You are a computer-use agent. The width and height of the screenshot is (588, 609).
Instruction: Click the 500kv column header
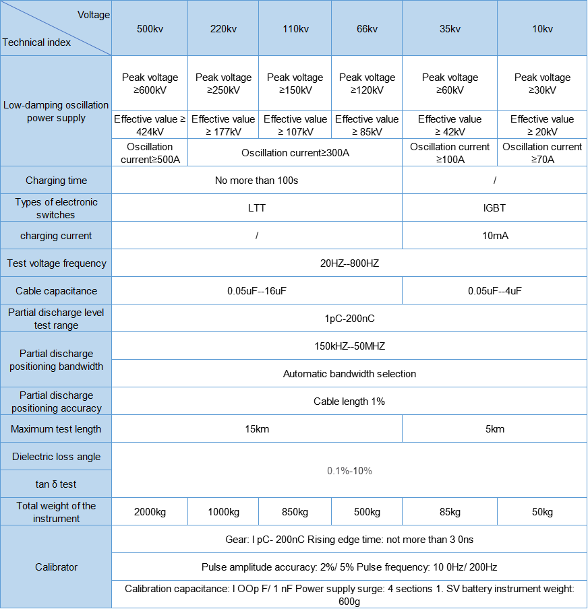tap(149, 28)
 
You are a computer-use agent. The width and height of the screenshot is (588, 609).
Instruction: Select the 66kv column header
tap(367, 28)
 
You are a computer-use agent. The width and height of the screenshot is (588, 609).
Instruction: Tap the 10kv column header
tap(542, 28)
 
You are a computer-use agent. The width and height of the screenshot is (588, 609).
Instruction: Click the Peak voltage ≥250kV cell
tap(223, 84)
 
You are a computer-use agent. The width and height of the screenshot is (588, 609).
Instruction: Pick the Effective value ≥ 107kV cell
tap(295, 125)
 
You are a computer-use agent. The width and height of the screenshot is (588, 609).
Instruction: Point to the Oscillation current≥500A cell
tap(150, 153)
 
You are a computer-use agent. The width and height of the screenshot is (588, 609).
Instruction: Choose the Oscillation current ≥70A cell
tap(542, 153)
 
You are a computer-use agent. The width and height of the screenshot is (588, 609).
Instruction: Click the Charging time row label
tap(56, 181)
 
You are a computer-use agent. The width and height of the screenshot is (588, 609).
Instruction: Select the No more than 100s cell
tap(256, 181)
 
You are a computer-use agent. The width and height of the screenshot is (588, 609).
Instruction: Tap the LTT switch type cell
tap(256, 208)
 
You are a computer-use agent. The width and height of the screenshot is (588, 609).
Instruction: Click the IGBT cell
tap(494, 208)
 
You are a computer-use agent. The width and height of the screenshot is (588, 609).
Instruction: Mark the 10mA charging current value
tap(494, 236)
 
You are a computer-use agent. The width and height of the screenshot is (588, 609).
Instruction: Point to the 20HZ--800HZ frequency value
tap(349, 263)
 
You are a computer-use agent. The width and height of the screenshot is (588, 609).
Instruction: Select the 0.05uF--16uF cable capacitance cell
tap(256, 291)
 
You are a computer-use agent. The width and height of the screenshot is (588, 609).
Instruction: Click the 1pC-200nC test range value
tap(349, 319)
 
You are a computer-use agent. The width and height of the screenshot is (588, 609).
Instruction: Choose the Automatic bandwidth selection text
tap(349, 374)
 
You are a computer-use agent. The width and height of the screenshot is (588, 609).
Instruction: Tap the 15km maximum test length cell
tap(256, 429)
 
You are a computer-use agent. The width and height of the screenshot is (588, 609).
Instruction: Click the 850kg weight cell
tap(295, 512)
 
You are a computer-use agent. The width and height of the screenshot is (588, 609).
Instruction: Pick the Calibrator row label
tap(56, 567)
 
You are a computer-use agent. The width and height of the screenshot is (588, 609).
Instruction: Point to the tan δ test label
tap(56, 484)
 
